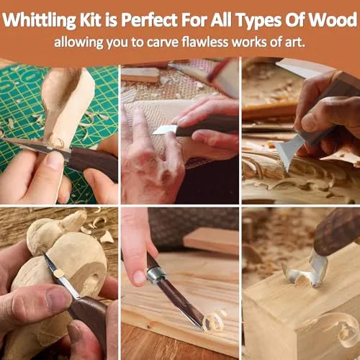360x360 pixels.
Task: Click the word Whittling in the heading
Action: coord(49,16)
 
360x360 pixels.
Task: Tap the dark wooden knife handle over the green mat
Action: coord(90,159)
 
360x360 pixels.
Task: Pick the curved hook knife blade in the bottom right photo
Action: coord(303,273)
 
